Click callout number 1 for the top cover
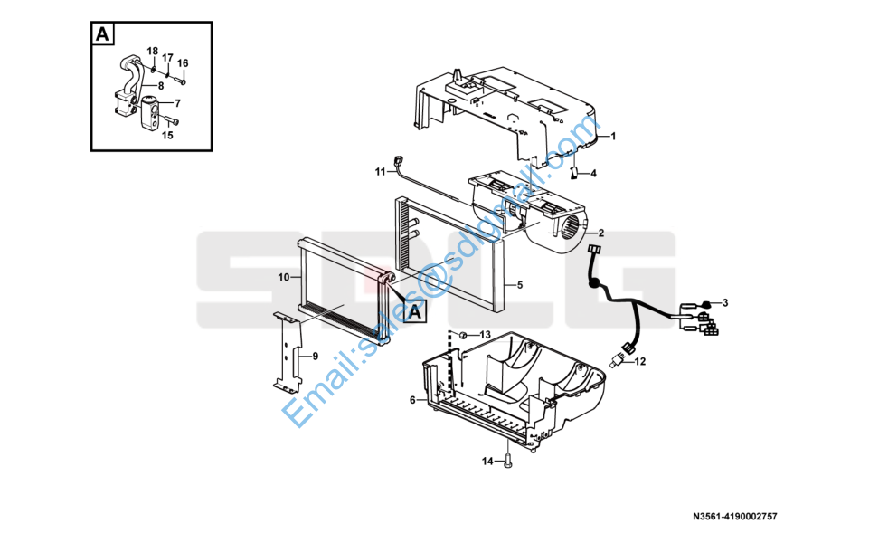[613, 136]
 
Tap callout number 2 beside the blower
[600, 233]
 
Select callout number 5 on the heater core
[519, 284]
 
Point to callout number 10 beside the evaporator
[284, 277]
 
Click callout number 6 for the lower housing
[412, 400]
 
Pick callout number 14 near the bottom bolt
[487, 462]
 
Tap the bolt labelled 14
[507, 462]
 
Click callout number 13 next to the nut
[485, 335]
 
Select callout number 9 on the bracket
[316, 356]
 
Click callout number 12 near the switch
[639, 361]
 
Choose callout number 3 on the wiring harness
[725, 302]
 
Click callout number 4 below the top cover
[593, 174]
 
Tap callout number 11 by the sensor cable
[380, 171]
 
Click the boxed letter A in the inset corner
[102, 34]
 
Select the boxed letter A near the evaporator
[415, 311]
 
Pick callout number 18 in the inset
[152, 52]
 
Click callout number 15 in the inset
[167, 135]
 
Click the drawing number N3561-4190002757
[735, 517]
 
